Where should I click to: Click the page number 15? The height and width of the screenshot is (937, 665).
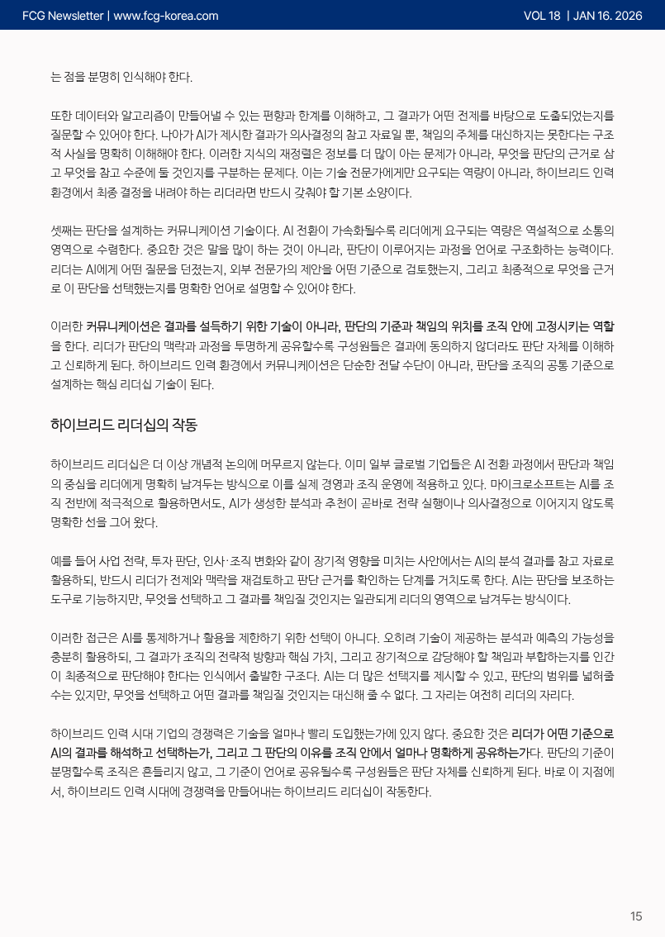pos(636,916)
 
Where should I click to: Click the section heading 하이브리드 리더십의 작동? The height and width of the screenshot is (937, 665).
pos(124,426)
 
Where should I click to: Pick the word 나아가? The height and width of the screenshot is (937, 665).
pos(178,135)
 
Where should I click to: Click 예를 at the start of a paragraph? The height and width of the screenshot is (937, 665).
pos(61,561)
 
